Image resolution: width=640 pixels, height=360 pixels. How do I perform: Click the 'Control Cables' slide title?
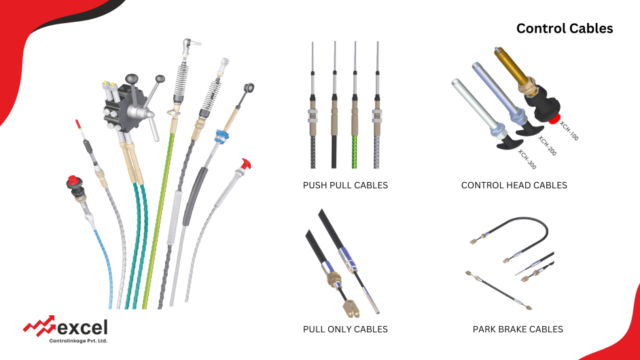coord(564,29)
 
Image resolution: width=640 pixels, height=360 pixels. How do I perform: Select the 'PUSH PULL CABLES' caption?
coord(345,185)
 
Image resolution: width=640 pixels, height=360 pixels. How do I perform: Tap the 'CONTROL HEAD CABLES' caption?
coord(514,185)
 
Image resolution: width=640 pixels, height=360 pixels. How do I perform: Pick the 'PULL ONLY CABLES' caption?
coord(345,329)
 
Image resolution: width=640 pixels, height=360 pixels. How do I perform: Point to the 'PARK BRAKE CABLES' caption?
coord(518,329)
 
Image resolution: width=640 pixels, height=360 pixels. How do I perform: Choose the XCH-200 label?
coord(548,145)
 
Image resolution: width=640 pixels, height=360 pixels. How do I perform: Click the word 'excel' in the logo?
coord(82,327)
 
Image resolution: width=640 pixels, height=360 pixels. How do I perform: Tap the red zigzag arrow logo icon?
coord(39,326)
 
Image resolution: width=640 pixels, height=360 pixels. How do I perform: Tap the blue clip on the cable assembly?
coord(219,137)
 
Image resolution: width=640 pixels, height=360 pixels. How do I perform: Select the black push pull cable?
coord(334,146)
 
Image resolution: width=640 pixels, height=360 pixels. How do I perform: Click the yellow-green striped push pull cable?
coord(355,146)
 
